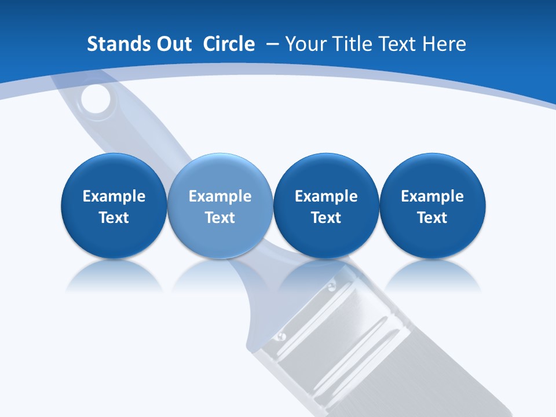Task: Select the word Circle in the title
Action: (x=229, y=44)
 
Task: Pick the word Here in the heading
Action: (x=444, y=44)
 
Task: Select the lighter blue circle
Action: (x=220, y=206)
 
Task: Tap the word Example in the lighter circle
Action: (x=220, y=196)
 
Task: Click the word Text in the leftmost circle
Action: (x=114, y=218)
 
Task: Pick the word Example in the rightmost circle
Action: (x=433, y=196)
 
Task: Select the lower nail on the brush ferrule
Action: (x=281, y=336)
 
